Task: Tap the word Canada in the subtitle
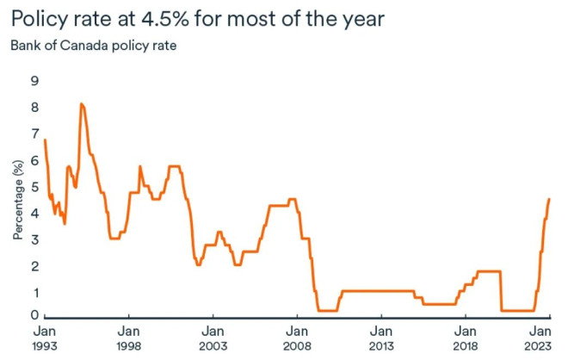click(83, 46)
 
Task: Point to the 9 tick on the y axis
click(34, 81)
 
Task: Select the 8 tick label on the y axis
click(34, 108)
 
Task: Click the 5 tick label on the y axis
click(34, 187)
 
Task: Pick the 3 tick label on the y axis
click(34, 239)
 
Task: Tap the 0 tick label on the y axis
click(34, 317)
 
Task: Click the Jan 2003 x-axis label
click(213, 338)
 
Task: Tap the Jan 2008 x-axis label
click(297, 338)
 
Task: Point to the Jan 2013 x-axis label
click(381, 338)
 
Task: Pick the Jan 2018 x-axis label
click(466, 338)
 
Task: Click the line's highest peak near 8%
click(81, 104)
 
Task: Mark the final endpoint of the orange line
click(549, 199)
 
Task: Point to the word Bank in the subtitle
click(25, 46)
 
